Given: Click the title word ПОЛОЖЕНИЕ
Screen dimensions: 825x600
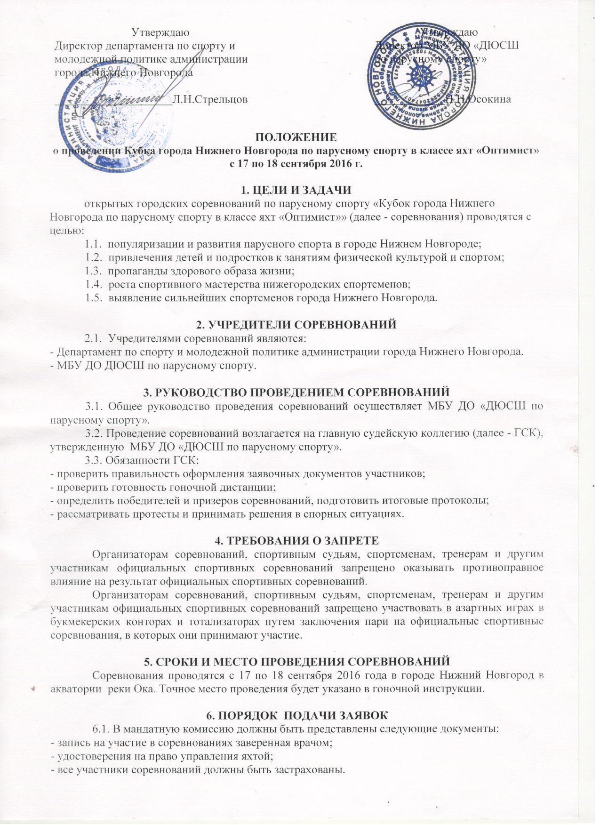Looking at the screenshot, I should point(296,137).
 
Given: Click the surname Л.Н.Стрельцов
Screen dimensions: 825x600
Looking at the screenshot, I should point(210,99).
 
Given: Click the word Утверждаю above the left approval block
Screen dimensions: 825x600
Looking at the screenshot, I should point(160,32).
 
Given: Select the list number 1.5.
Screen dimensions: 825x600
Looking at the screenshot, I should point(94,297).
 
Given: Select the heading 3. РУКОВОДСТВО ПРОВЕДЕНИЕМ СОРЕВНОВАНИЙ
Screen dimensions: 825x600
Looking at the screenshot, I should point(296,392).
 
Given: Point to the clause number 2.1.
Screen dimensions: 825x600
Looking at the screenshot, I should point(93,338).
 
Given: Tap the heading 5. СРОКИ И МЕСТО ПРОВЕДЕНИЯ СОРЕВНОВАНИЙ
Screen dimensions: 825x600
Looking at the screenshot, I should point(296,661).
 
